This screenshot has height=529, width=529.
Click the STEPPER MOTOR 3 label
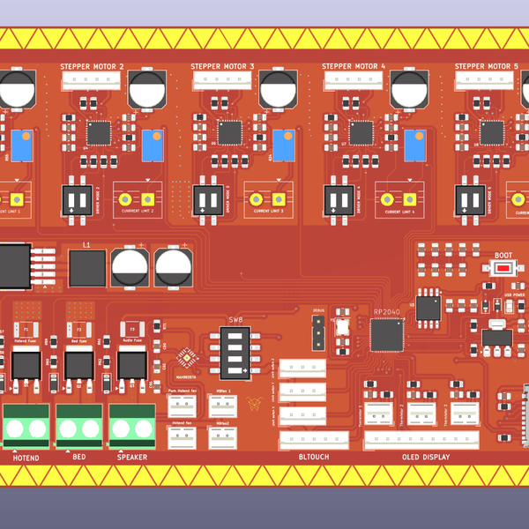[x=222, y=66]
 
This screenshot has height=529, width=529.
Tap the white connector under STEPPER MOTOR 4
[x=353, y=80]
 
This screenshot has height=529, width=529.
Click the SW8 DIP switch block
[x=236, y=351]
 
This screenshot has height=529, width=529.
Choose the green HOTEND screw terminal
[x=26, y=427]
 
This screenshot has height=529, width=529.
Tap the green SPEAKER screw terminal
[x=132, y=427]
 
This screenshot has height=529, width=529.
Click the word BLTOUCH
[x=314, y=458]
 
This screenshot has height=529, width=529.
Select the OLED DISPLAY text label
[x=426, y=458]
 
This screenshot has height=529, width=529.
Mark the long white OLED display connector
[x=422, y=438]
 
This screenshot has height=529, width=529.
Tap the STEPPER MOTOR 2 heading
[x=92, y=66]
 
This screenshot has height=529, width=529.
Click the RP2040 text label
[x=386, y=312]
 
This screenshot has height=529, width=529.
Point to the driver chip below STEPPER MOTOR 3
[x=230, y=133]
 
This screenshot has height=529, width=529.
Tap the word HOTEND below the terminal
[x=26, y=458]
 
